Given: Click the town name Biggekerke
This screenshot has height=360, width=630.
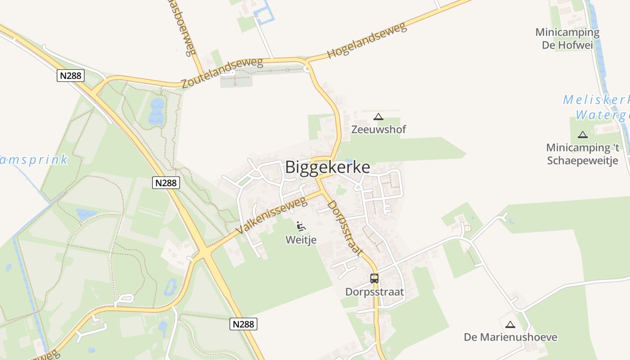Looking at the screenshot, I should click(328, 167).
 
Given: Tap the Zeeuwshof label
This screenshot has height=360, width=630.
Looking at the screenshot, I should click(378, 130).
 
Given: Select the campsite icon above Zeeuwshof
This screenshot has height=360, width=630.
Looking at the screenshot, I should click(378, 117).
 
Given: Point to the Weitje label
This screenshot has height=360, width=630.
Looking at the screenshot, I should click(301, 240).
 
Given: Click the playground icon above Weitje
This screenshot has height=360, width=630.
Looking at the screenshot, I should click(301, 226).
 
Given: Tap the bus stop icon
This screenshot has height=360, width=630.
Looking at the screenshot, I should click(374, 279).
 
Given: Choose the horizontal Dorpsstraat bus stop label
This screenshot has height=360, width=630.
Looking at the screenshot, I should click(374, 292).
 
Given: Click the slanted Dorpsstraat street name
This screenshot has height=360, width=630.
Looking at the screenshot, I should click(345, 229).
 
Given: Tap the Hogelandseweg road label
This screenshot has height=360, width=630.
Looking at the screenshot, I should click(367, 40).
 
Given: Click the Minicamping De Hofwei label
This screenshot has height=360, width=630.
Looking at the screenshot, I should click(567, 39).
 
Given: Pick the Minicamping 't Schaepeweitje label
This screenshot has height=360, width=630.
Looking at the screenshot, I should click(583, 154).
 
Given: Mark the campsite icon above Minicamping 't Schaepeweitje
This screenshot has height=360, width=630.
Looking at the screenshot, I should click(583, 135).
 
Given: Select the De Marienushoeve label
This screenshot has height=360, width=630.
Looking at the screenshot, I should click(510, 337).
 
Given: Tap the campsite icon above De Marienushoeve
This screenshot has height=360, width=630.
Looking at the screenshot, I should click(510, 324).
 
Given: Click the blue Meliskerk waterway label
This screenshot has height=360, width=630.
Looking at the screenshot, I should click(596, 107).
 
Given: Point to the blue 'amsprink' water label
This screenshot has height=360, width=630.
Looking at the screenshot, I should click(34, 160).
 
